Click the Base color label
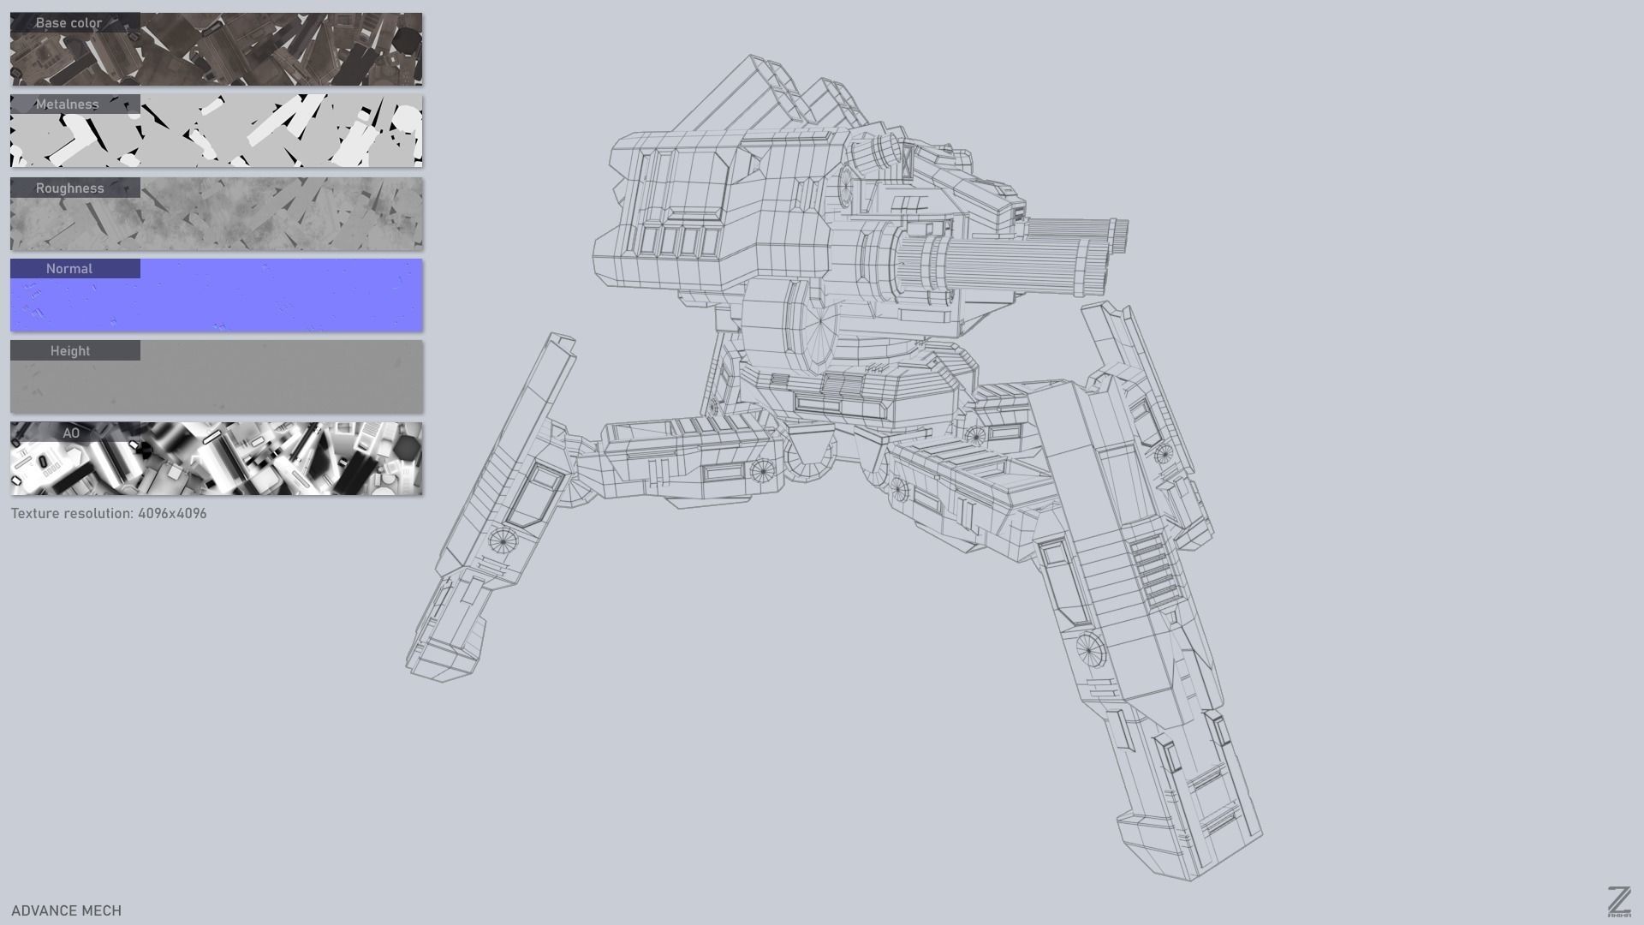coord(68,23)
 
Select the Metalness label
coord(67,104)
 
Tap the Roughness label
coord(69,188)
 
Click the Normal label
coord(68,269)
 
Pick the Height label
coord(69,351)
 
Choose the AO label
coord(71,433)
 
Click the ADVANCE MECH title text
coord(66,910)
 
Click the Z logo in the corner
coord(1618,902)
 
